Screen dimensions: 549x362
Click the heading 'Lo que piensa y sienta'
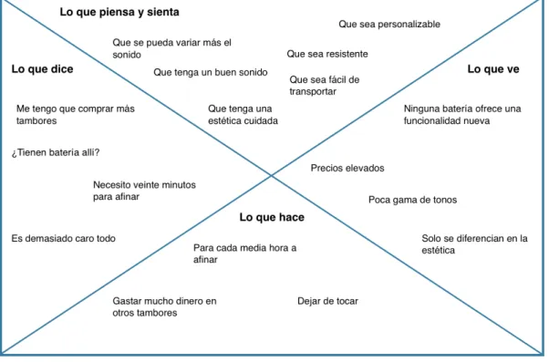pyautogui.click(x=119, y=12)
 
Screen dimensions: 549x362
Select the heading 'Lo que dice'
pyautogui.click(x=42, y=69)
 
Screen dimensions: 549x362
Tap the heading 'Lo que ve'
pyautogui.click(x=493, y=69)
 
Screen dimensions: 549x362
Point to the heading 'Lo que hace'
pyautogui.click(x=272, y=217)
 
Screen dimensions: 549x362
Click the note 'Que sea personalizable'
pyautogui.click(x=389, y=24)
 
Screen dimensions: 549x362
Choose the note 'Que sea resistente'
pyautogui.click(x=327, y=54)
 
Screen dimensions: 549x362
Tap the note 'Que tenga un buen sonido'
pyautogui.click(x=211, y=72)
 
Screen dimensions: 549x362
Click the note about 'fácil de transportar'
pyautogui.click(x=325, y=86)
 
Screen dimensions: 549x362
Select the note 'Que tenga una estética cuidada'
pyautogui.click(x=243, y=115)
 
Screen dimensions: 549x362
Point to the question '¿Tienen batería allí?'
pyautogui.click(x=56, y=152)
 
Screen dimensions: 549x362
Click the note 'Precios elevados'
pyautogui.click(x=347, y=168)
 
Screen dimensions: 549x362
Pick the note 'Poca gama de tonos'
pyautogui.click(x=412, y=200)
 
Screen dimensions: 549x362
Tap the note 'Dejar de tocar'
pyautogui.click(x=327, y=301)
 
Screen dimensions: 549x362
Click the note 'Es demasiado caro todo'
pyautogui.click(x=63, y=238)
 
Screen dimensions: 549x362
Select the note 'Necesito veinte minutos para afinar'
pyautogui.click(x=144, y=191)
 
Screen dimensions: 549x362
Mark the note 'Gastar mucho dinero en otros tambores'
pyautogui.click(x=164, y=306)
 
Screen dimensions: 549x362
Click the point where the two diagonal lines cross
pyautogui.click(x=272, y=175)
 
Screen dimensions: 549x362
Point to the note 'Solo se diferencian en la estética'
pyautogui.click(x=474, y=244)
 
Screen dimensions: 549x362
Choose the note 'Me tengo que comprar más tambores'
pyautogui.click(x=76, y=115)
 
